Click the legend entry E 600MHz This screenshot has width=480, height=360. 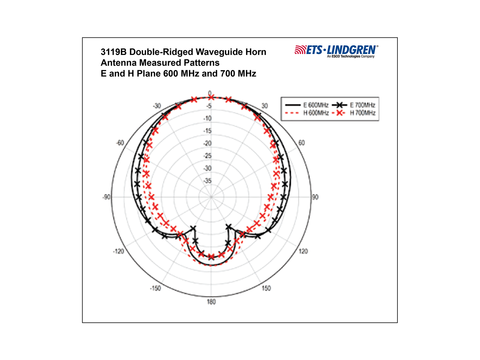click(x=307, y=105)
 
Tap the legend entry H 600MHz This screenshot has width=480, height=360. click(x=307, y=113)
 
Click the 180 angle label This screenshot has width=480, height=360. click(x=211, y=302)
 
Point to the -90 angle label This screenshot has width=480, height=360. click(x=106, y=197)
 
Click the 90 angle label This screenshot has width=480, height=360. click(x=315, y=197)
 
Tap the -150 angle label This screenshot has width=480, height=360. click(x=155, y=288)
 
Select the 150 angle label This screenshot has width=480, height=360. click(x=266, y=288)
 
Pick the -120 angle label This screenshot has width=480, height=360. click(x=118, y=251)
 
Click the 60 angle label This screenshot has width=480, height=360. click(x=301, y=143)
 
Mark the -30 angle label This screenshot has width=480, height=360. click(x=157, y=106)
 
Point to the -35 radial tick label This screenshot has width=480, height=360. click(x=208, y=181)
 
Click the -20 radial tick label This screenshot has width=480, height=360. click(x=208, y=143)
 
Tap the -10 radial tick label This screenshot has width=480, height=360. click(x=208, y=118)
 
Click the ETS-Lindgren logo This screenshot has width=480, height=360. click(x=336, y=51)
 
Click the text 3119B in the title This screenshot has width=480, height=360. click(x=113, y=52)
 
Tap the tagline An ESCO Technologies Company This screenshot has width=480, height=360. click(x=351, y=56)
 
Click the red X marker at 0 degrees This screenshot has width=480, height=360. click(x=211, y=97)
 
